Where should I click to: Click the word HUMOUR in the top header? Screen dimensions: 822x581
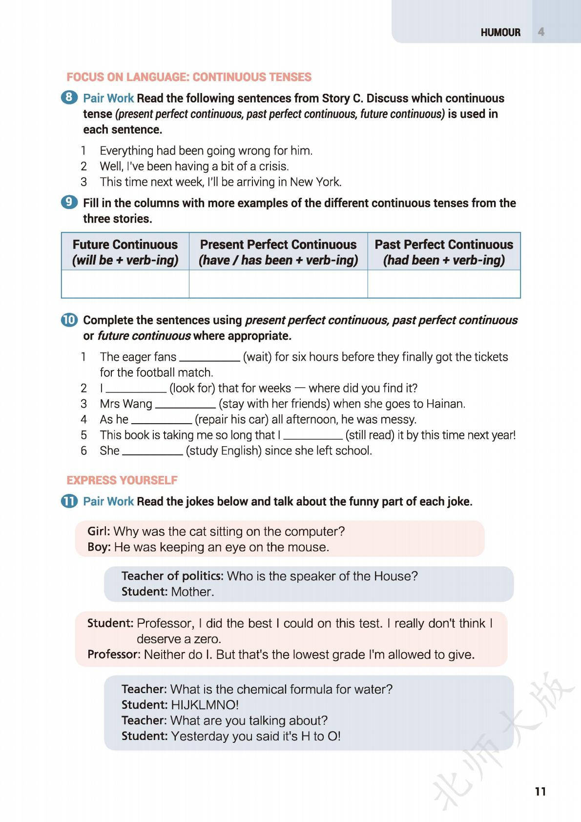click(x=500, y=32)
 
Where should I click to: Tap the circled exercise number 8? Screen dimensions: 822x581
click(x=69, y=98)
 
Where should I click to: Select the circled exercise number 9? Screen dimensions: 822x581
click(x=69, y=202)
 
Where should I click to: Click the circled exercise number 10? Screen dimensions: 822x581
click(x=69, y=320)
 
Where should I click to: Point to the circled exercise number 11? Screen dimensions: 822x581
click(x=69, y=501)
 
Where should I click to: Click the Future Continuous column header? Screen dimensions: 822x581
click(x=125, y=252)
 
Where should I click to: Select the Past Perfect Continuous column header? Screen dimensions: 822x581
click(x=444, y=252)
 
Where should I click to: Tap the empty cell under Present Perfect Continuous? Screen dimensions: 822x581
click(x=278, y=284)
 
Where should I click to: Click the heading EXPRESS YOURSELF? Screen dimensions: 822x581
click(x=122, y=480)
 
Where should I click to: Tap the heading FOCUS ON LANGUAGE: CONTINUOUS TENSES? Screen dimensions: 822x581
click(x=189, y=77)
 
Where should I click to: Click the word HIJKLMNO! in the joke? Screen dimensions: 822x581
click(x=205, y=705)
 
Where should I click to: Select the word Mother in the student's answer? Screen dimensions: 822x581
click(x=192, y=592)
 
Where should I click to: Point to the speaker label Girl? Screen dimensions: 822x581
click(x=99, y=531)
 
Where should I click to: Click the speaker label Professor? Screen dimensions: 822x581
click(x=114, y=654)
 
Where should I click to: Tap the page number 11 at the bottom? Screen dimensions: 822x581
click(x=540, y=791)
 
